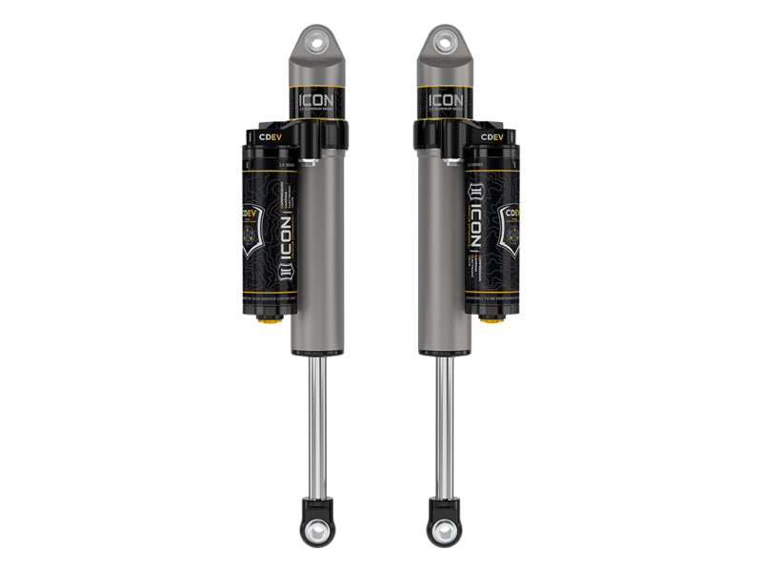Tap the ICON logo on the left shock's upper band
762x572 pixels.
pos(318,99)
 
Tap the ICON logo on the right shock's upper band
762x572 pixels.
pos(445,99)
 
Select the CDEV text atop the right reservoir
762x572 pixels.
pos(491,137)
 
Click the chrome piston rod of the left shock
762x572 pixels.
pos(318,419)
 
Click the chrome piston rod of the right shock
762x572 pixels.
pos(445,419)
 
